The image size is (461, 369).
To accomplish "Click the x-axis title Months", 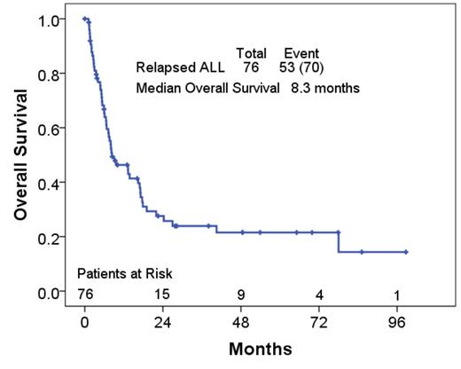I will (x=260, y=349).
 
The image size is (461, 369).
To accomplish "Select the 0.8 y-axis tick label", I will (x=51, y=75).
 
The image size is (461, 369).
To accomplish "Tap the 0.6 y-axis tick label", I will (x=51, y=129).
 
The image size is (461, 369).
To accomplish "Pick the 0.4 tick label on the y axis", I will (x=51, y=183).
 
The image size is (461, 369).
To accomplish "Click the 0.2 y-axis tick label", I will (x=51, y=237).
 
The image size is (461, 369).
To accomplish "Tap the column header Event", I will (x=301, y=53).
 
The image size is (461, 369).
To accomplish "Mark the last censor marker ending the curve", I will (x=406, y=252).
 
